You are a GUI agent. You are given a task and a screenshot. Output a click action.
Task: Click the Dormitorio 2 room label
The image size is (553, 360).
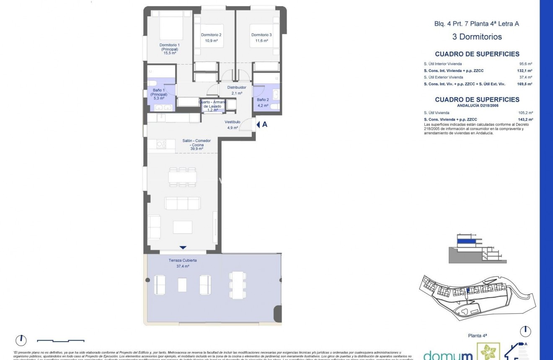[x=211, y=35]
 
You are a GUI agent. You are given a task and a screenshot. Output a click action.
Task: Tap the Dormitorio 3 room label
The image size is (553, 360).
[x=261, y=35]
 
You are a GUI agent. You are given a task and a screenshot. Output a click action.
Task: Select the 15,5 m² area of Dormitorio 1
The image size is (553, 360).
[x=170, y=53]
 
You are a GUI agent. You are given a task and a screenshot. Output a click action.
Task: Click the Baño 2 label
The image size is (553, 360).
[x=263, y=100]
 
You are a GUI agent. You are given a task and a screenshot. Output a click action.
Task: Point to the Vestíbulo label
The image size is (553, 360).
[x=232, y=122]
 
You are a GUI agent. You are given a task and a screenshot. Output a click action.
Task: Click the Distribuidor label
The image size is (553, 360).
[x=237, y=88]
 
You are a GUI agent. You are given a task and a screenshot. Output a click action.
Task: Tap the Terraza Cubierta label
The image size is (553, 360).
[x=183, y=260]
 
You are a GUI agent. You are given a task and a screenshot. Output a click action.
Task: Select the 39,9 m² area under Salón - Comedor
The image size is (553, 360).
[x=196, y=149]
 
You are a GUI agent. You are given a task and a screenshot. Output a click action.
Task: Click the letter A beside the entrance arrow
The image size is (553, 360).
[x=265, y=124]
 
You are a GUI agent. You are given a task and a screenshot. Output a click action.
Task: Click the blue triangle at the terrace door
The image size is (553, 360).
[x=183, y=248]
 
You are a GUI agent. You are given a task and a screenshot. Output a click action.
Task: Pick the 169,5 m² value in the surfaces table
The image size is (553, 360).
[x=525, y=84]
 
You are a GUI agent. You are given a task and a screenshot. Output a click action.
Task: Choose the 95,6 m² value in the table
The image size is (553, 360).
[x=525, y=64]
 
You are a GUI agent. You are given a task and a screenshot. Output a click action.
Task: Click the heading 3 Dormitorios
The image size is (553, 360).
[x=477, y=37]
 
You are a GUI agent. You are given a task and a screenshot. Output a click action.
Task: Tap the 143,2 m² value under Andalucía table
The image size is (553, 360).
[x=525, y=119]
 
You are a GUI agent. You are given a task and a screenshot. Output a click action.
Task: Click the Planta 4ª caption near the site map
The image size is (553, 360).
[x=477, y=336]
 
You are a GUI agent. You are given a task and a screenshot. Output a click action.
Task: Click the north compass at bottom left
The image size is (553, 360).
[x=21, y=340]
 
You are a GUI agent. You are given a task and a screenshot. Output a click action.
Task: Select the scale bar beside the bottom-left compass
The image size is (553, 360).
[x=61, y=341]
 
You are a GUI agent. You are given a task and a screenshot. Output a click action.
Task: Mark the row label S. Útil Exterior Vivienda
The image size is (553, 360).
[x=444, y=77]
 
